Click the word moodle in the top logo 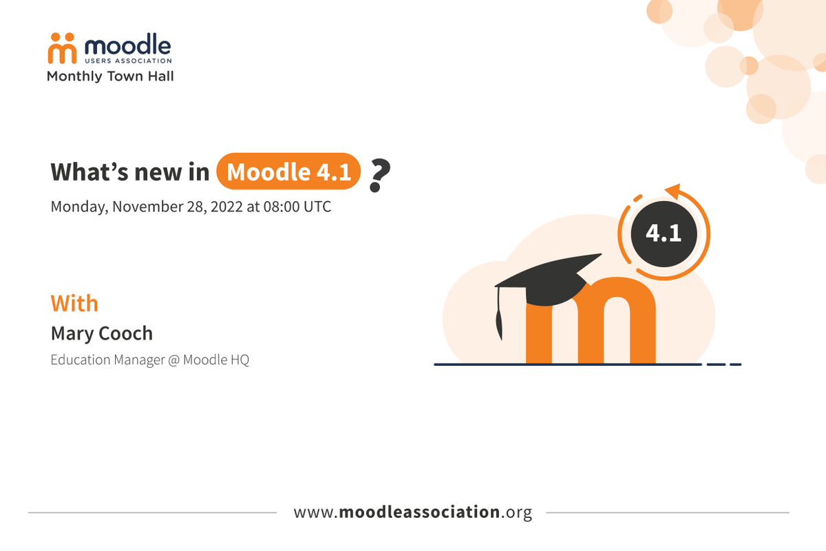[127, 45]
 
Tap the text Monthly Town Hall [110, 76]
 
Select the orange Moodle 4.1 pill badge [288, 171]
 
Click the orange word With [74, 304]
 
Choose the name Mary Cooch [102, 333]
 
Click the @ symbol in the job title [173, 360]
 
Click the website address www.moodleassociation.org [413, 512]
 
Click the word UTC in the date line [317, 207]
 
